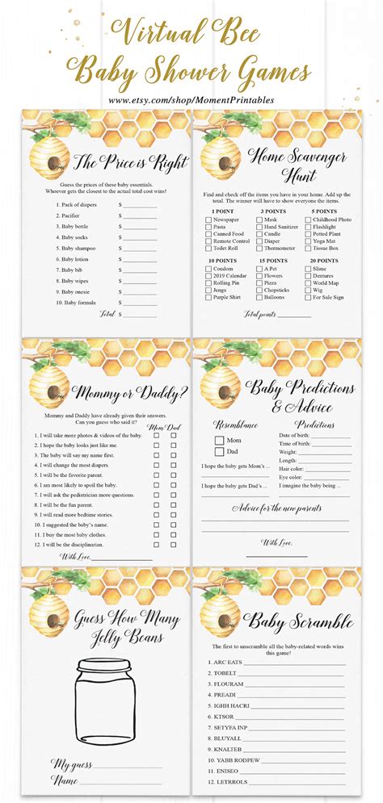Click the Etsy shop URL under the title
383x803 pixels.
pos(191,100)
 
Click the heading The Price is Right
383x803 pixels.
pos(129,163)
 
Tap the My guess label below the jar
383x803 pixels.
pos(72,763)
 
